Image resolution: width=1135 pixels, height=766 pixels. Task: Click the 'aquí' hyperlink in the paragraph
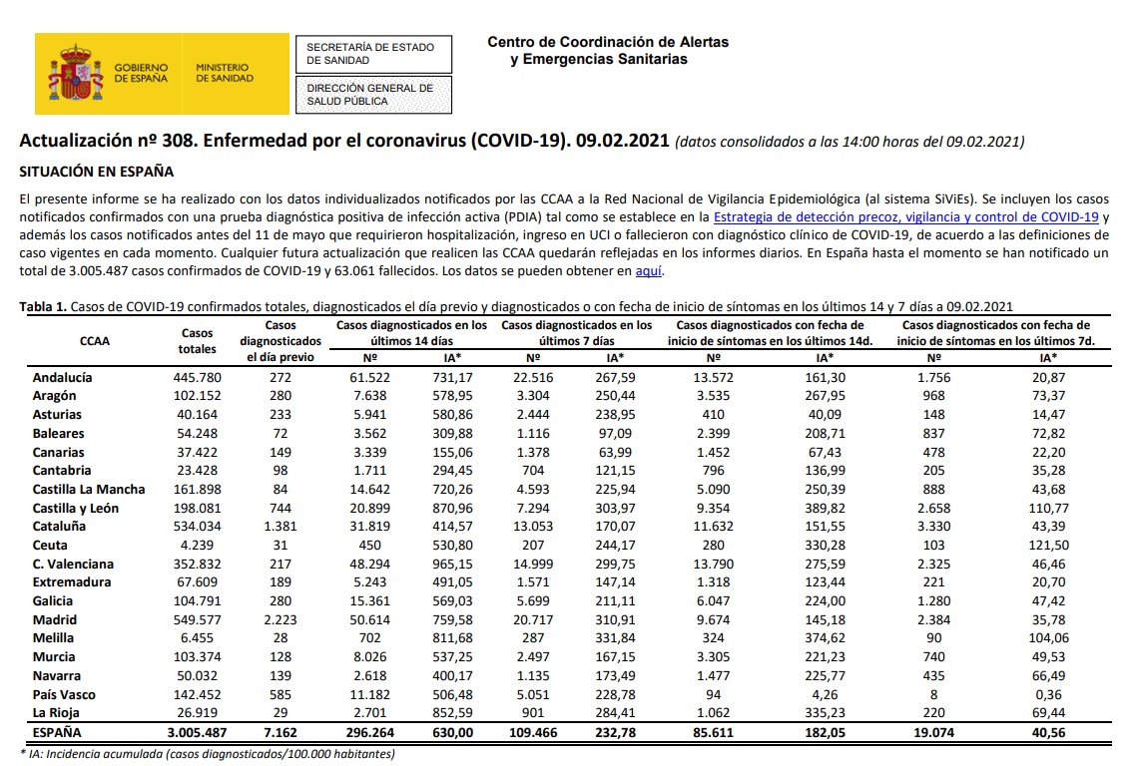(649, 271)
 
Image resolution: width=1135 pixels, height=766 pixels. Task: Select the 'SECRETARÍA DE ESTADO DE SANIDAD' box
(370, 54)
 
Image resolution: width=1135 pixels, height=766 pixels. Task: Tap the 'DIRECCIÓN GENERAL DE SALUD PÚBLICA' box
(370, 95)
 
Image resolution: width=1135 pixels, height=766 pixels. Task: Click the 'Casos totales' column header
(198, 341)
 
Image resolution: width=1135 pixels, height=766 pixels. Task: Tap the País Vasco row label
(64, 694)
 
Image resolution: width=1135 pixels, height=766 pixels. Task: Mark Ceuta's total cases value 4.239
(204, 545)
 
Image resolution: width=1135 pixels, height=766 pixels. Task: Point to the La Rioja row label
(56, 713)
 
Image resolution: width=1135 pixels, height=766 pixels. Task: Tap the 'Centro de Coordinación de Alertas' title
(608, 43)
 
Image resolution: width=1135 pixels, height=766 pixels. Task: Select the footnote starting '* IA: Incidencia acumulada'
(208, 754)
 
